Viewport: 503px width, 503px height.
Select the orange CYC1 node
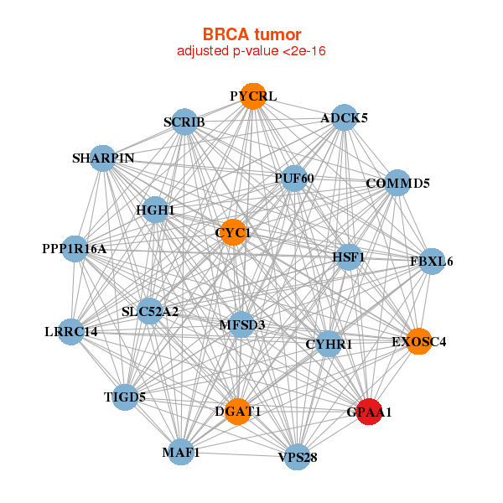(232, 231)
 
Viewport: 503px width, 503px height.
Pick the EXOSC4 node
(419, 341)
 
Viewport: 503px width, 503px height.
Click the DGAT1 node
(239, 411)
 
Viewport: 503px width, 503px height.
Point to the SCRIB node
(184, 122)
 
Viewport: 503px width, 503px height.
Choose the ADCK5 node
(344, 118)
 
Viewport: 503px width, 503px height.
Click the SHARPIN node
(102, 158)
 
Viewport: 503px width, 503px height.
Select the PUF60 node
(293, 179)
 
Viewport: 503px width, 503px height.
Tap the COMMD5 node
(397, 184)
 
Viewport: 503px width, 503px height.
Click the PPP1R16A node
(75, 249)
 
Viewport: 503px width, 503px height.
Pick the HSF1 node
(348, 257)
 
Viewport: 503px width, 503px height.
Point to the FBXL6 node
(432, 262)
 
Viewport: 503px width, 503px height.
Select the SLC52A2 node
(150, 312)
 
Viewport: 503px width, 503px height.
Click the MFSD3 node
(241, 324)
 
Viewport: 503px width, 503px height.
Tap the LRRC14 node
(71, 331)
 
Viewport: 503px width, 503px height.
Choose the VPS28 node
(298, 457)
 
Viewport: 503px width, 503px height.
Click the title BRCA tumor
(251, 34)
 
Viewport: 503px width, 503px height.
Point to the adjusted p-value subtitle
(251, 51)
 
